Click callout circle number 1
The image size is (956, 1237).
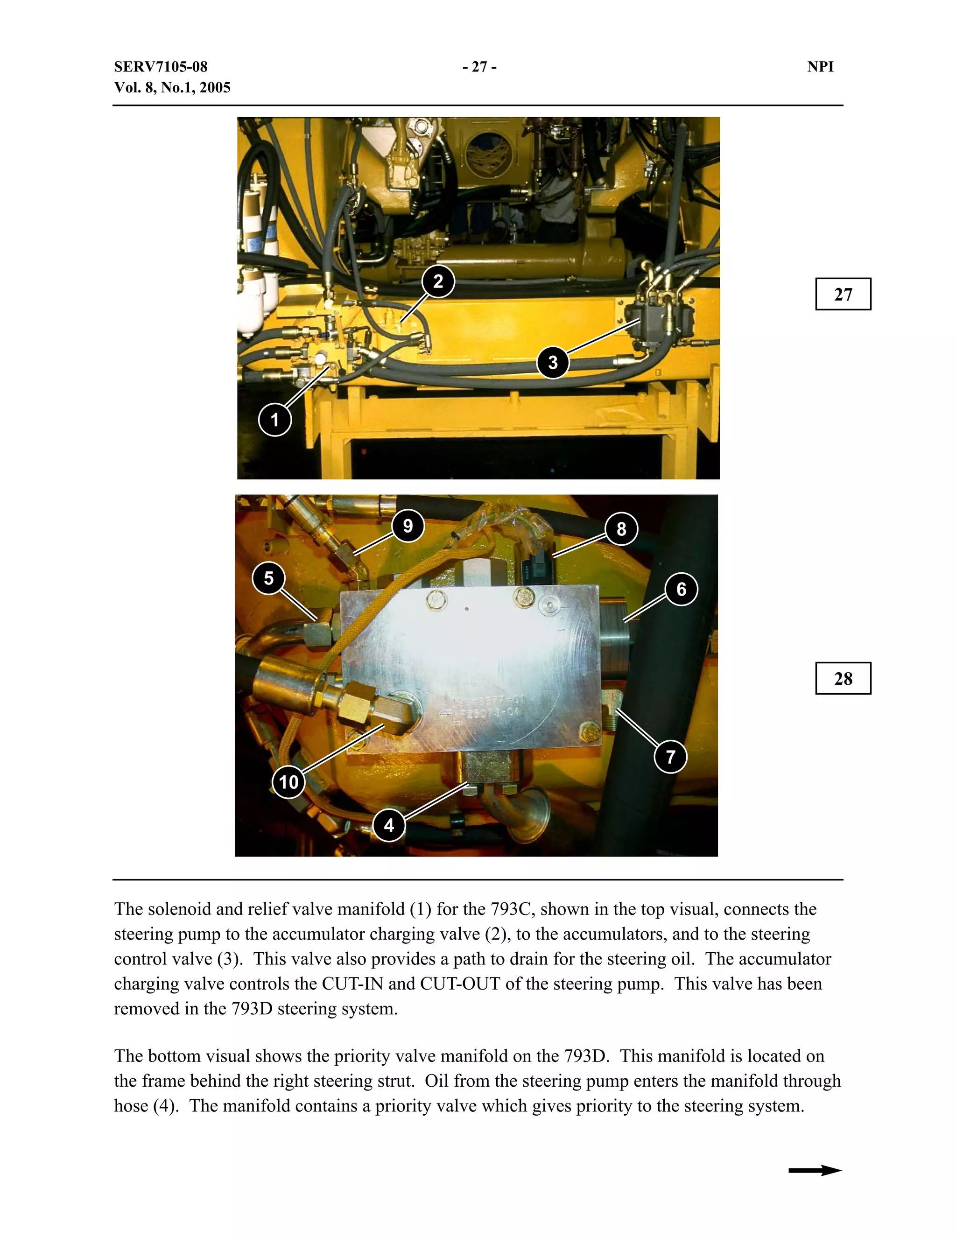pos(274,420)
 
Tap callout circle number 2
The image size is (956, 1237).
pos(438,281)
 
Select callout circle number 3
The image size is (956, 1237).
pos(553,363)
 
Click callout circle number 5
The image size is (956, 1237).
pos(268,578)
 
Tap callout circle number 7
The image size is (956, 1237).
pos(671,757)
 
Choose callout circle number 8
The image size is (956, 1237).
pos(621,529)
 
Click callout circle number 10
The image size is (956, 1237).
pos(288,782)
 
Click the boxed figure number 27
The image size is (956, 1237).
pos(843,295)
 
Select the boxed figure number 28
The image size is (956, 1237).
pos(843,679)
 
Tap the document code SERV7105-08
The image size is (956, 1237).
pos(161,67)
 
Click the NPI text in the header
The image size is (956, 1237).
pos(820,67)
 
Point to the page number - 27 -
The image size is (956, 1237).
pos(479,67)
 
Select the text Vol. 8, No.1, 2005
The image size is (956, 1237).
pos(172,88)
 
